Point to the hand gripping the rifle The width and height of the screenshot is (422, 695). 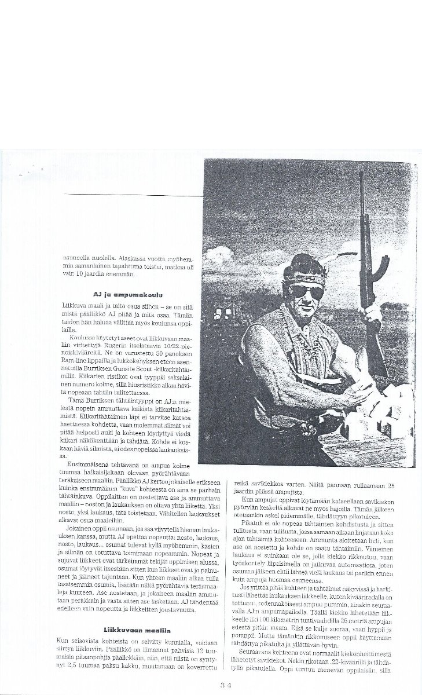(x=367, y=315)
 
